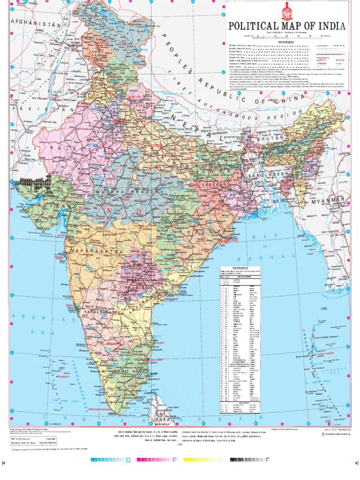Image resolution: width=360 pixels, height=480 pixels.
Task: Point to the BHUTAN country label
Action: (x=270, y=139)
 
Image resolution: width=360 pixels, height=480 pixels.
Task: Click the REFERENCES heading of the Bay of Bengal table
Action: (x=240, y=269)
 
